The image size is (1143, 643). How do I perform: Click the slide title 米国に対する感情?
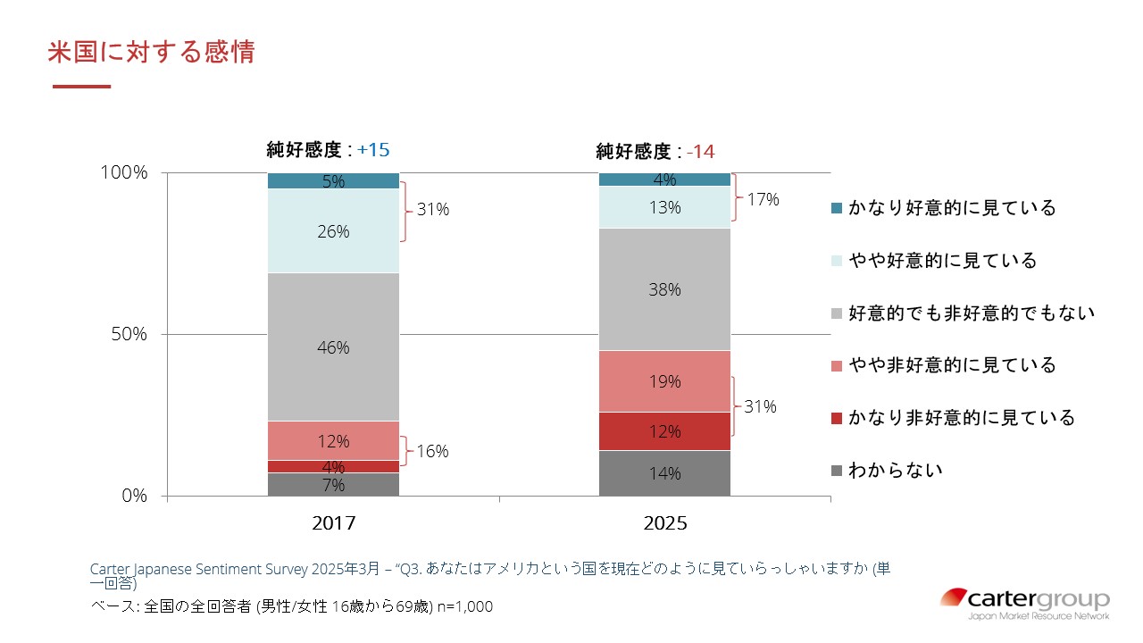[x=151, y=52]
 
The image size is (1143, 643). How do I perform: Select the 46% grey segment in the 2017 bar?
[x=333, y=347]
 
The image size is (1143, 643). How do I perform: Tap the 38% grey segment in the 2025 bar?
[x=664, y=289]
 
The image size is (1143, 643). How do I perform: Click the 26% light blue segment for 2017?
[x=333, y=230]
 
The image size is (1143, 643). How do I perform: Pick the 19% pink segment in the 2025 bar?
[x=664, y=381]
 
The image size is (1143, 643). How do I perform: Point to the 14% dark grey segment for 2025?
[x=664, y=473]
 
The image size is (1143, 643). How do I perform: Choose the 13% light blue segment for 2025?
[x=664, y=207]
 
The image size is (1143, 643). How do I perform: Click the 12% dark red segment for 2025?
[x=664, y=431]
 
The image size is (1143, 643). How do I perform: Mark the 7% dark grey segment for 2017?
[x=333, y=484]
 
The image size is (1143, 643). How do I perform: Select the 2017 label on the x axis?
[x=333, y=523]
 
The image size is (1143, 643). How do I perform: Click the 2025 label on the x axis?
[x=664, y=523]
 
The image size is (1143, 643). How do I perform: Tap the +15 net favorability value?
[x=373, y=149]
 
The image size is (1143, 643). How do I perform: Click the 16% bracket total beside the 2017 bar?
[x=432, y=451]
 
